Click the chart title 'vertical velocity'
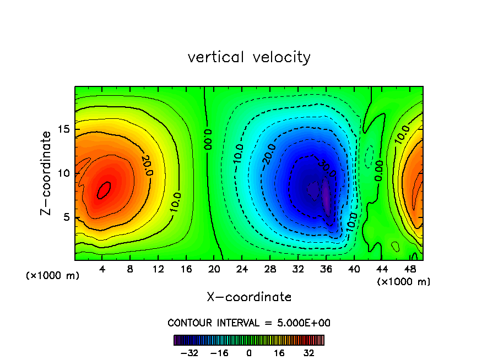pyautogui.click(x=249, y=57)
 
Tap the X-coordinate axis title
pyautogui.click(x=249, y=297)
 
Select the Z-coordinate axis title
pyautogui.click(x=47, y=173)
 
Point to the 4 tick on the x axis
pyautogui.click(x=102, y=270)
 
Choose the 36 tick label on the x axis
pyautogui.click(x=327, y=270)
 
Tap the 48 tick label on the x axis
pyautogui.click(x=410, y=270)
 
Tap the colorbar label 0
pyautogui.click(x=249, y=353)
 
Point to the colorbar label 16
pyautogui.click(x=279, y=353)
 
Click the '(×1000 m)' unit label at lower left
pyautogui.click(x=53, y=276)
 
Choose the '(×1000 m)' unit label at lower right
pyautogui.click(x=404, y=282)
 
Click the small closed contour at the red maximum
pyautogui.click(x=104, y=190)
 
